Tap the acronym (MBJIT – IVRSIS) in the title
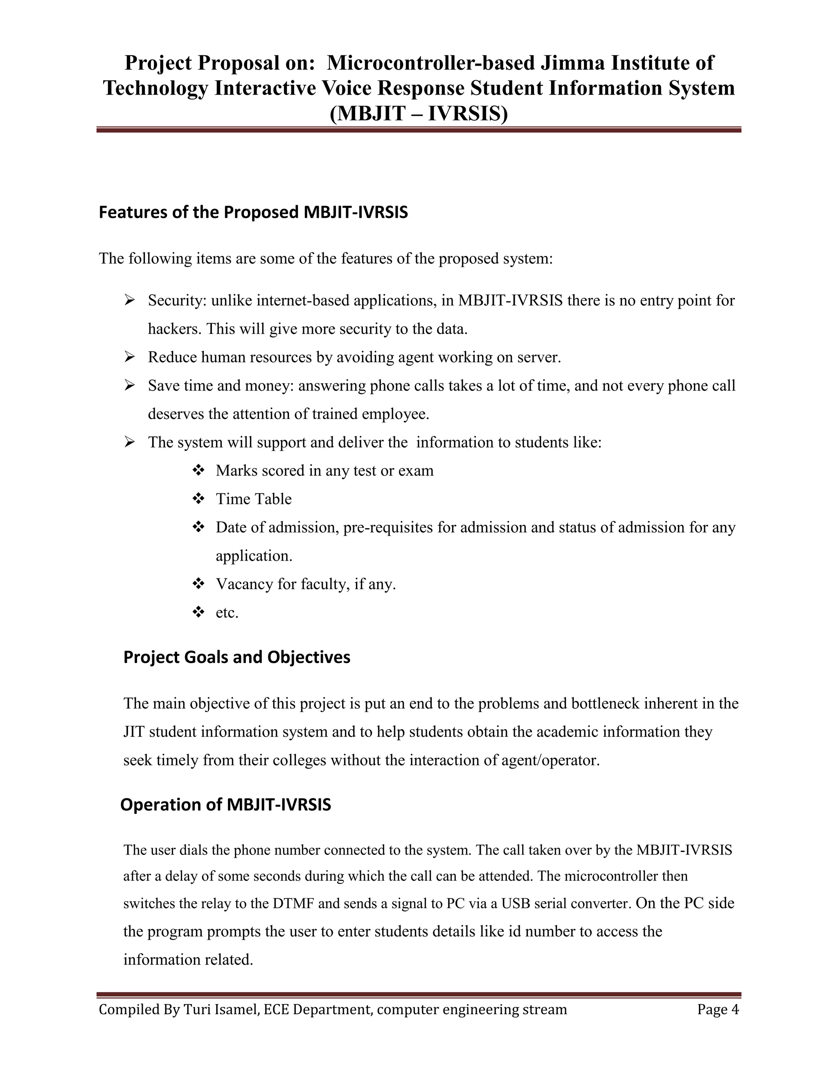(x=419, y=114)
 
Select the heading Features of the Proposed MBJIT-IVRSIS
(x=253, y=212)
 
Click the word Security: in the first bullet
(x=177, y=301)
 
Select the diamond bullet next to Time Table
(x=198, y=498)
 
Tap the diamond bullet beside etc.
(x=198, y=612)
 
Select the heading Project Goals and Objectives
(x=237, y=657)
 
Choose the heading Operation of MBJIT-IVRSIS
(x=225, y=804)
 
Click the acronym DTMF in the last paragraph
(x=293, y=903)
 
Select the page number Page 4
(x=717, y=1010)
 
